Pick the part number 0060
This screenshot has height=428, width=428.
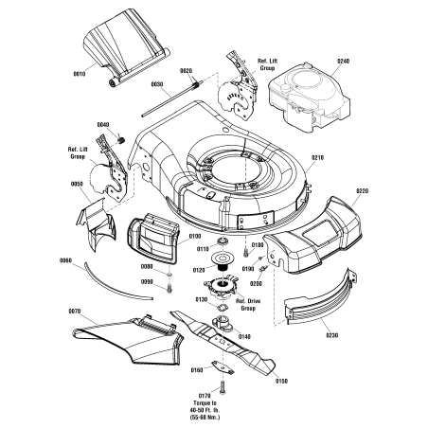tap(65, 260)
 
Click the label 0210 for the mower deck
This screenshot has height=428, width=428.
tap(317, 157)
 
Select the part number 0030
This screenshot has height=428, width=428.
tap(156, 84)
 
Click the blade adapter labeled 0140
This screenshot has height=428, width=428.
tap(223, 324)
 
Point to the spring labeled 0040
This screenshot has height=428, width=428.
tap(121, 140)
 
